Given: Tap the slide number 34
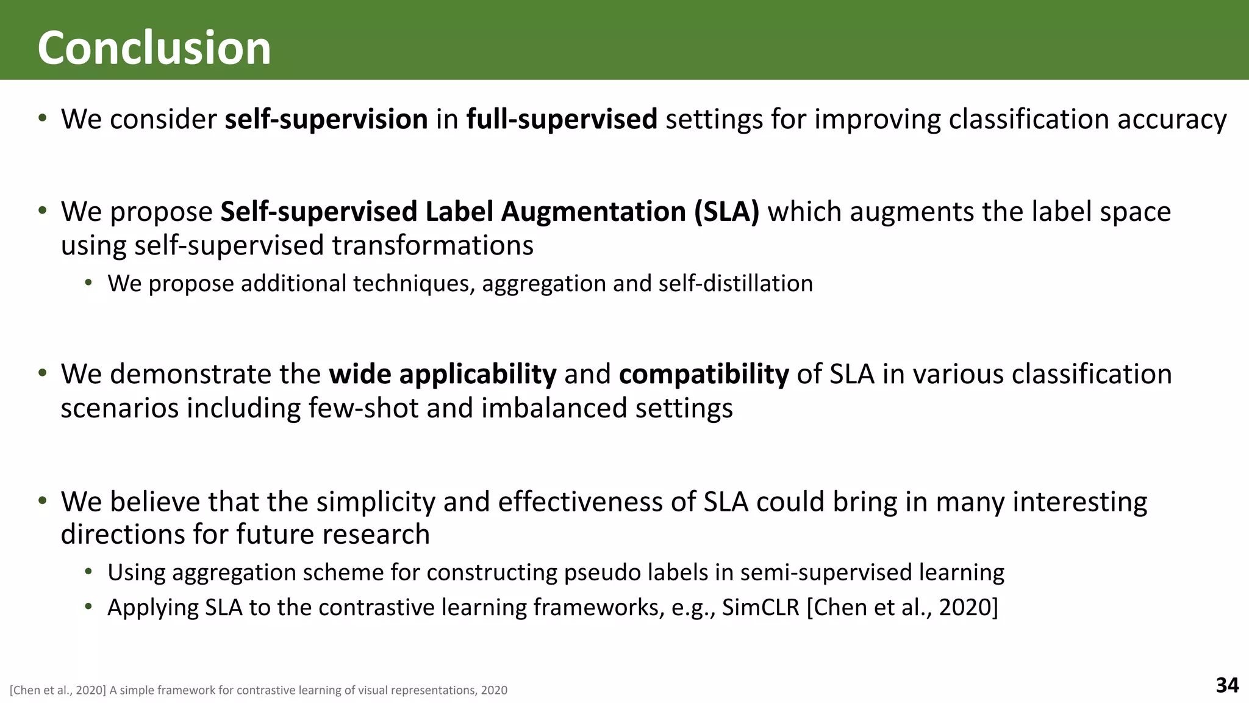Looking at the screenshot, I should tap(1227, 685).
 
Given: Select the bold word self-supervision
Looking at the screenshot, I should tap(326, 119).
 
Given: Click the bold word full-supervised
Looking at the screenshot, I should tap(562, 119).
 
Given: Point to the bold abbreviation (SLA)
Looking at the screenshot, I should tap(726, 212).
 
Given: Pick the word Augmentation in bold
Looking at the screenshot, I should tap(593, 212).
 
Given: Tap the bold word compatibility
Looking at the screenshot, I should tap(704, 374).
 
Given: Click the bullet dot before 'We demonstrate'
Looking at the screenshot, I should tap(42, 373).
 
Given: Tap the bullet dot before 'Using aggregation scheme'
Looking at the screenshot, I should tap(89, 572).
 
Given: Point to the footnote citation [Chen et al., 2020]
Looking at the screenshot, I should tap(58, 690).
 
